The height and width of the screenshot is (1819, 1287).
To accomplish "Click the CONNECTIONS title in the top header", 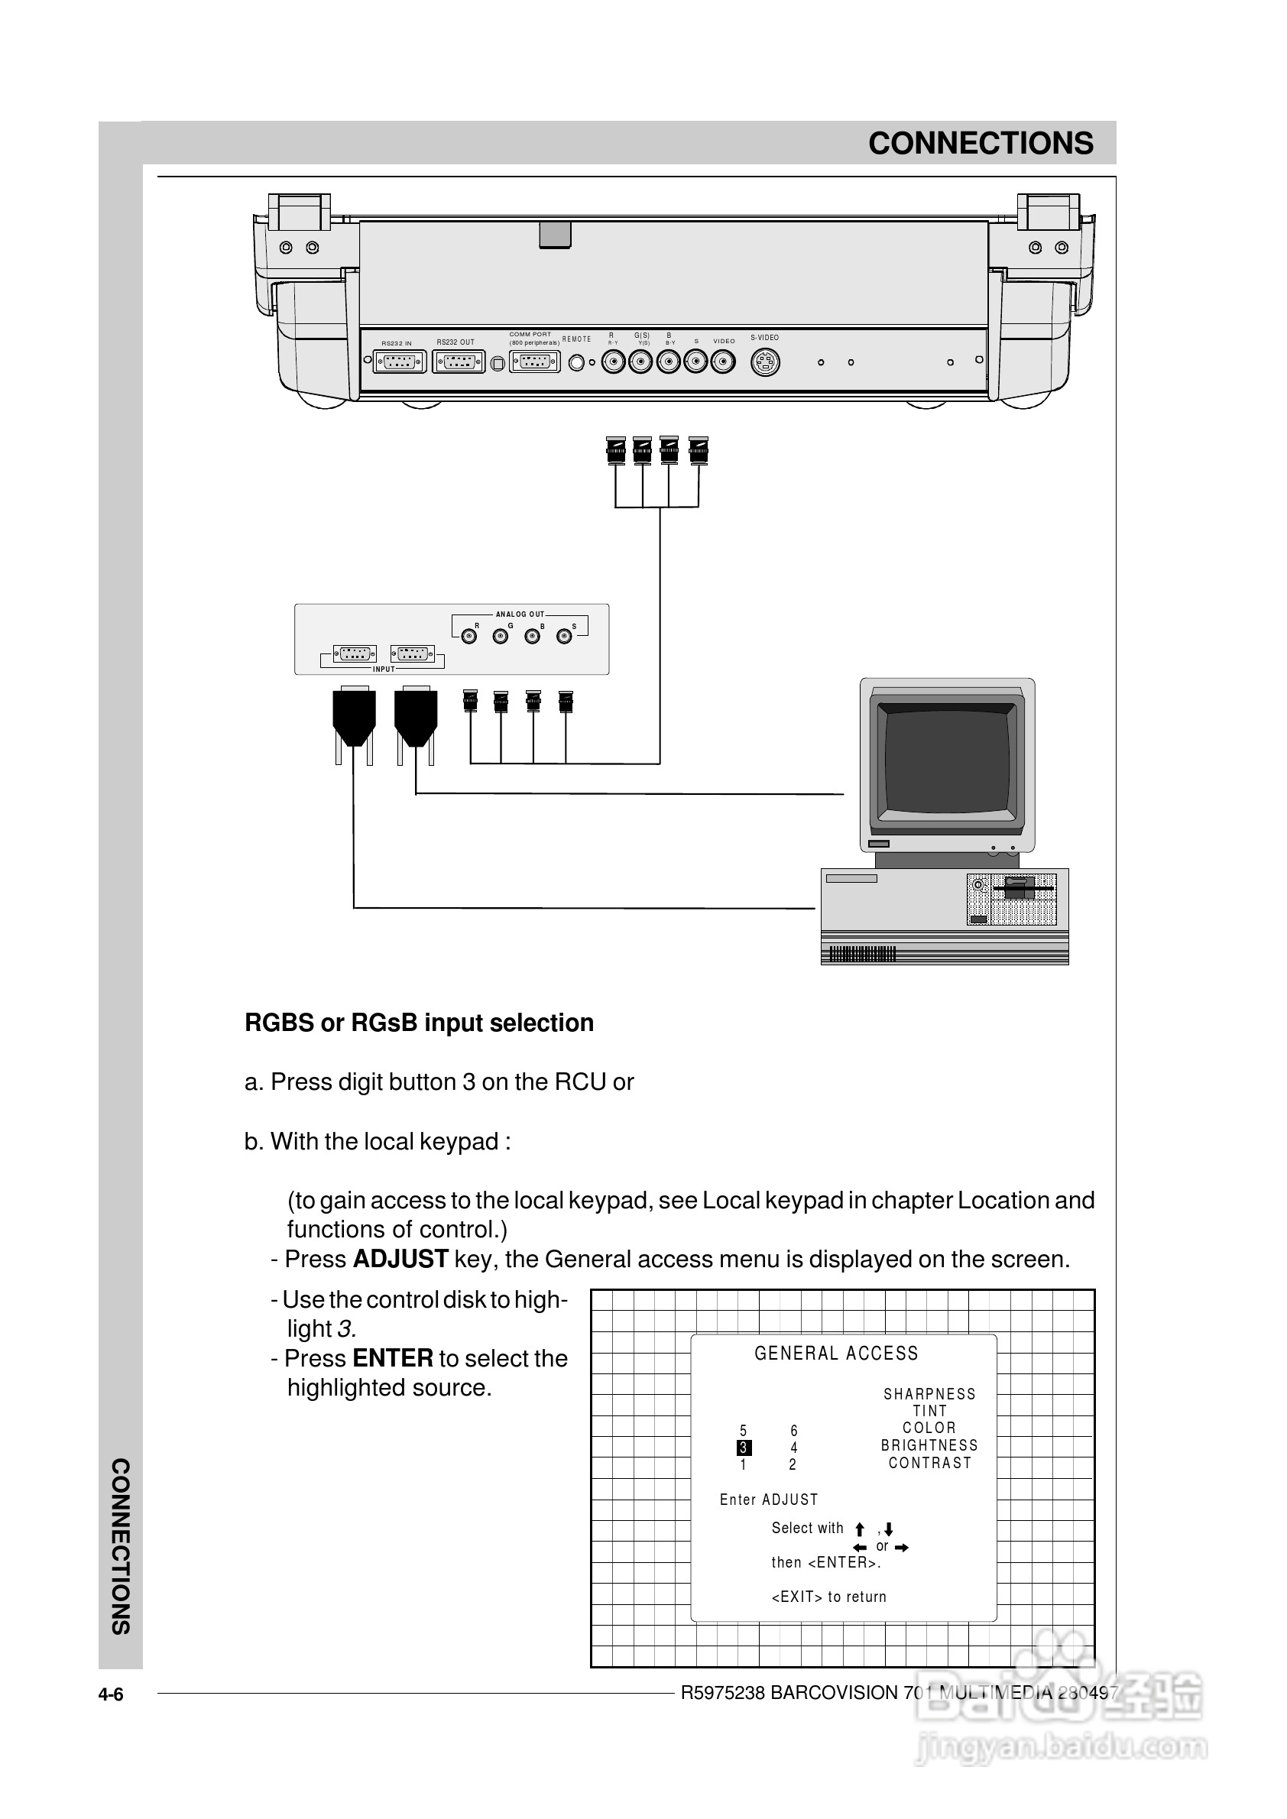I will pyautogui.click(x=981, y=144).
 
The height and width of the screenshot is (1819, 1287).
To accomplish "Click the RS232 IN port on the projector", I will pyautogui.click(x=400, y=362).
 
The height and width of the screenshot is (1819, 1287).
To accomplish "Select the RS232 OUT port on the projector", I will pyautogui.click(x=459, y=362).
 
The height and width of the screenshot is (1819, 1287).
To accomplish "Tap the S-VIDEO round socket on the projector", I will pyautogui.click(x=765, y=362).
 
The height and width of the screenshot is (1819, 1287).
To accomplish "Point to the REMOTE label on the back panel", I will pyautogui.click(x=576, y=339).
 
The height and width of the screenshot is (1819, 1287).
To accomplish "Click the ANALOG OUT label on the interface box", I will pyautogui.click(x=520, y=614).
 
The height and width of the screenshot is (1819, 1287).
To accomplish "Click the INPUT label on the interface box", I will pyautogui.click(x=384, y=669).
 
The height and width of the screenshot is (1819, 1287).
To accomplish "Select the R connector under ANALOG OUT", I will pyautogui.click(x=469, y=637).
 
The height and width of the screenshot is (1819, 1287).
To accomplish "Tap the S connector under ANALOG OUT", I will pyautogui.click(x=563, y=637).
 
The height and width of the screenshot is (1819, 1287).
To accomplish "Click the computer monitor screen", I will pyautogui.click(x=947, y=761).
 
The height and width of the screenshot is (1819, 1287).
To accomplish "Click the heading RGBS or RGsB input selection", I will pyautogui.click(x=419, y=1023).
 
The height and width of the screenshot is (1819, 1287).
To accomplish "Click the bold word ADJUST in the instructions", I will pyautogui.click(x=400, y=1260).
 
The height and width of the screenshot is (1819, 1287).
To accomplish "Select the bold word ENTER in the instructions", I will pyautogui.click(x=392, y=1358).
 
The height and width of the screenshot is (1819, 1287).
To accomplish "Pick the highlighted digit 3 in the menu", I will pyautogui.click(x=744, y=1448).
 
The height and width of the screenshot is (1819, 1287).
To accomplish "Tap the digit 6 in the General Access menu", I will pyautogui.click(x=793, y=1431).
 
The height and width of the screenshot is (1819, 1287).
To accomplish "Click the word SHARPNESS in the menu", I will pyautogui.click(x=929, y=1394).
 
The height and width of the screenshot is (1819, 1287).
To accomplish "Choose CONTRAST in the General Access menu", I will pyautogui.click(x=929, y=1463).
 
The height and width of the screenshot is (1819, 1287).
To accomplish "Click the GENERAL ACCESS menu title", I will pyautogui.click(x=836, y=1354).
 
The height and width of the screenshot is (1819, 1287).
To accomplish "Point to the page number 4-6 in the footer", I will pyautogui.click(x=111, y=1694).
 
